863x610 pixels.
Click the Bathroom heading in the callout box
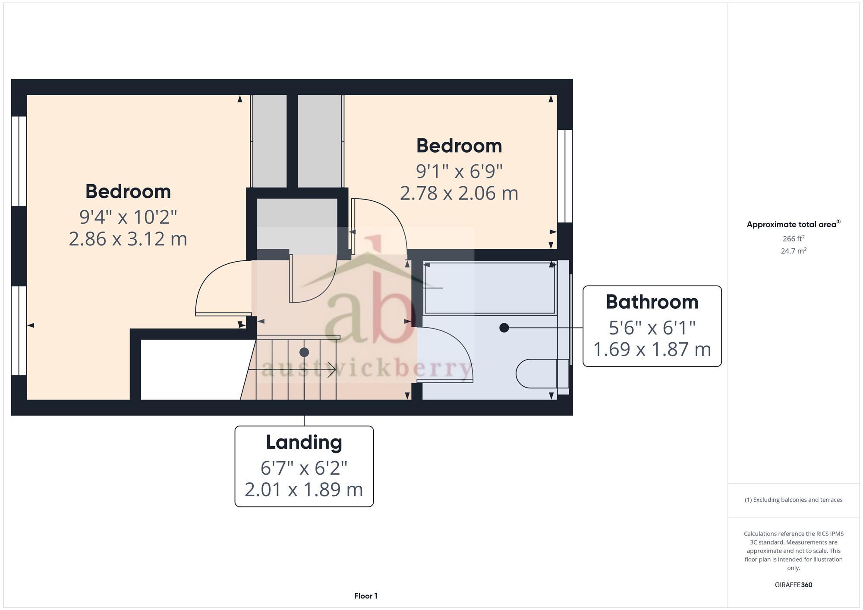(x=652, y=302)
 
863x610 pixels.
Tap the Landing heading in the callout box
(x=304, y=442)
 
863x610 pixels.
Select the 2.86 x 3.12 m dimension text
(x=128, y=239)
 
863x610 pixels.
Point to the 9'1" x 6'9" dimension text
(x=459, y=172)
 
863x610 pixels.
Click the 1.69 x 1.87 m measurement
(x=652, y=349)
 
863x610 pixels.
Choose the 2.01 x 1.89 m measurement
(x=304, y=490)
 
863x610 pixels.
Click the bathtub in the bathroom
(x=490, y=288)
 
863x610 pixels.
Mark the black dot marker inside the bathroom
(x=504, y=328)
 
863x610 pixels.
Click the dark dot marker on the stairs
(x=304, y=352)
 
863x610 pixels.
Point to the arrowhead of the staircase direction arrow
(x=333, y=369)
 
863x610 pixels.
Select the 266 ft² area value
(x=793, y=239)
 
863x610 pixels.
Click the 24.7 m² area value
(x=793, y=251)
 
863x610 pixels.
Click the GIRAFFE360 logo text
(x=793, y=585)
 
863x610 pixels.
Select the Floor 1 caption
(x=365, y=596)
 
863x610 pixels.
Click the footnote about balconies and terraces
(x=793, y=500)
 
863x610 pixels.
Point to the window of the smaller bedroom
(x=564, y=176)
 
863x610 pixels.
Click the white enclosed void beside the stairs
(x=190, y=369)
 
